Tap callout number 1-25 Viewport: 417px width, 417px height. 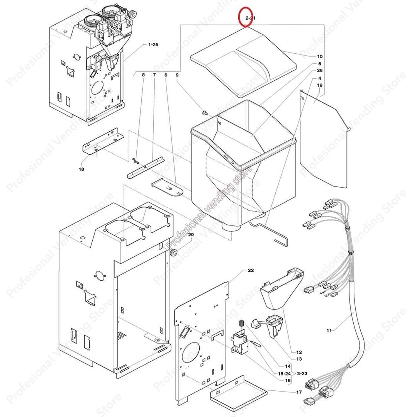tap(153, 45)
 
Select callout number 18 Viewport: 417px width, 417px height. tap(81, 169)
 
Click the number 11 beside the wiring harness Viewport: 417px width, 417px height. tap(329, 331)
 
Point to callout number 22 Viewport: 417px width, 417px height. tap(251, 271)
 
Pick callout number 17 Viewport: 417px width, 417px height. tap(299, 392)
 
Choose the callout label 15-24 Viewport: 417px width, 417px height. tap(284, 374)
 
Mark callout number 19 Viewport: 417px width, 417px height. tap(320, 85)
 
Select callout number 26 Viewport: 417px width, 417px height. tap(320, 71)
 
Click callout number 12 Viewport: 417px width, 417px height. tap(299, 352)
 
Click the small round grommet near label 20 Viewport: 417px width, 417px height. tap(174, 253)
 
